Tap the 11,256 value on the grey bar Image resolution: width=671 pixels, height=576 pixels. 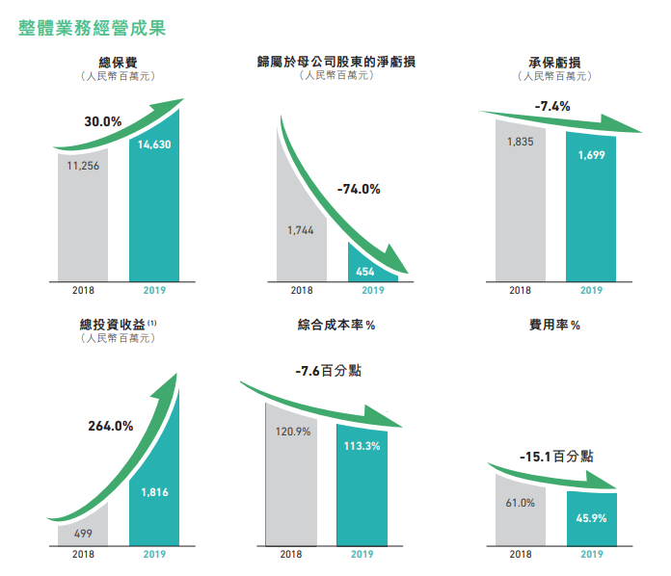click(83, 166)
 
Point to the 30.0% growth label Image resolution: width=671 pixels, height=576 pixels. click(103, 122)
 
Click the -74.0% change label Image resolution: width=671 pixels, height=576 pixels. click(359, 189)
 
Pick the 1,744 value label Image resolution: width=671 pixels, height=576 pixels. click(301, 231)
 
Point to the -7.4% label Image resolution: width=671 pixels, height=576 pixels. click(553, 106)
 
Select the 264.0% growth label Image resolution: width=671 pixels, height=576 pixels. click(110, 427)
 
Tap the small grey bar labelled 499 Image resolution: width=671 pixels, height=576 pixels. click(83, 534)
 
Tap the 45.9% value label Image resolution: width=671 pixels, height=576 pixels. click(591, 518)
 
